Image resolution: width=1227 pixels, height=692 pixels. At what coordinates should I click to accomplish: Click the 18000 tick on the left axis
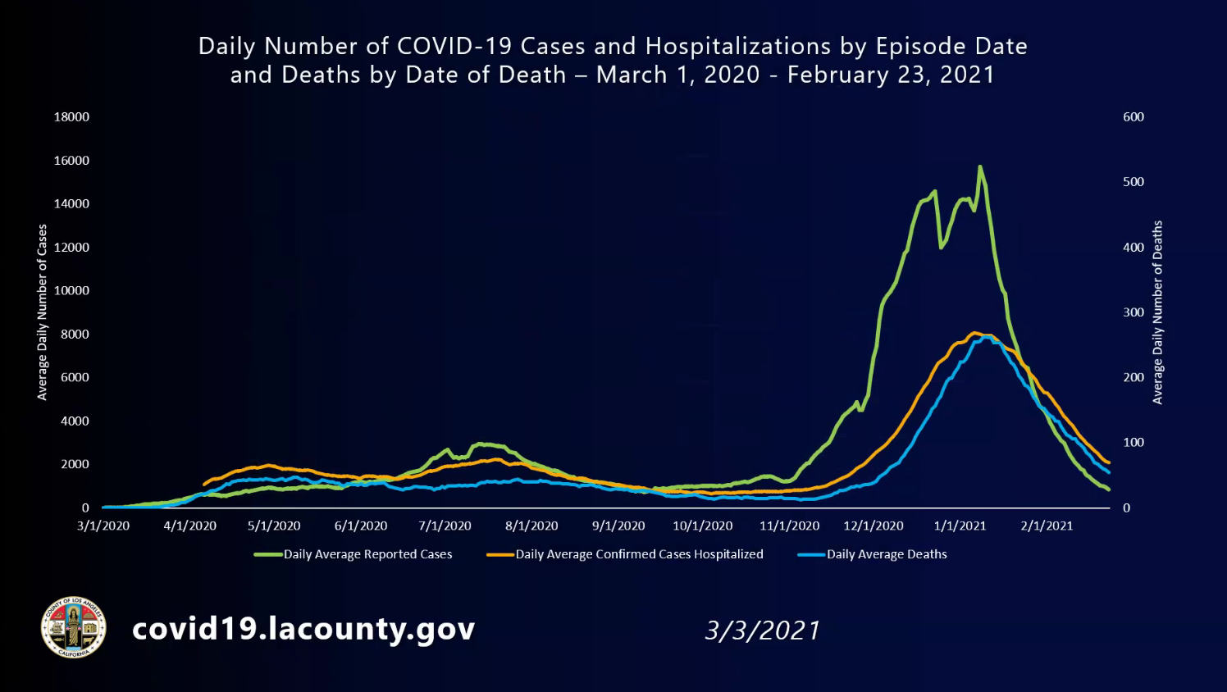click(71, 116)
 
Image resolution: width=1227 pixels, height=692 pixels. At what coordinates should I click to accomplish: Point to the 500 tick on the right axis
click(1133, 182)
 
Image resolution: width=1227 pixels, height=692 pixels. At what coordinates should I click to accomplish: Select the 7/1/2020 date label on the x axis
click(445, 526)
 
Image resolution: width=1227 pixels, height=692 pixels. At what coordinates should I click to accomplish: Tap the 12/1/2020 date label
click(873, 526)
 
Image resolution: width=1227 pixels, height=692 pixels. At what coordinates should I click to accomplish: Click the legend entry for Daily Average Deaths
click(886, 554)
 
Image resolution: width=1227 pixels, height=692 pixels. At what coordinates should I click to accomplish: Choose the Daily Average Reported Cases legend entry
click(367, 554)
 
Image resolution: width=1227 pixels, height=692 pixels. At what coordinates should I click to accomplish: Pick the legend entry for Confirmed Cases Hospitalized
click(639, 554)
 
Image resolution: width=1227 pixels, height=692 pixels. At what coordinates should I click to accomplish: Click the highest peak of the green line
click(979, 167)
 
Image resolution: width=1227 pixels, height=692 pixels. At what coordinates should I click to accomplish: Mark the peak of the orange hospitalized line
click(974, 333)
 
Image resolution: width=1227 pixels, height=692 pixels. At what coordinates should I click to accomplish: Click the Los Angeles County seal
click(74, 627)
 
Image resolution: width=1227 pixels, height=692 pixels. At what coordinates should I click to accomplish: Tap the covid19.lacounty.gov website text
click(303, 629)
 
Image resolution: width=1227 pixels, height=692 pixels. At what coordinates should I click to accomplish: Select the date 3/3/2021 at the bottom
click(762, 631)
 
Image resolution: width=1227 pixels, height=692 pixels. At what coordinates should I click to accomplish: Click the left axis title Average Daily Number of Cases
click(42, 312)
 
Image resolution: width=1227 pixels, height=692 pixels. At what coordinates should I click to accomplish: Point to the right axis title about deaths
click(1157, 312)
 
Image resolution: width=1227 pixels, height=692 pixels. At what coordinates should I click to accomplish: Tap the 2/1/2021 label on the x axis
click(1046, 526)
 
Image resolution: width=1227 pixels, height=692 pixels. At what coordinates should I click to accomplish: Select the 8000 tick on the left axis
click(74, 334)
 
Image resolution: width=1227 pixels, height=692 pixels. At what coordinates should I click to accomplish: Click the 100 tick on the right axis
click(1133, 443)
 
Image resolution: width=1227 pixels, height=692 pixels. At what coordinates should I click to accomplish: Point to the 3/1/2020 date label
click(103, 526)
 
